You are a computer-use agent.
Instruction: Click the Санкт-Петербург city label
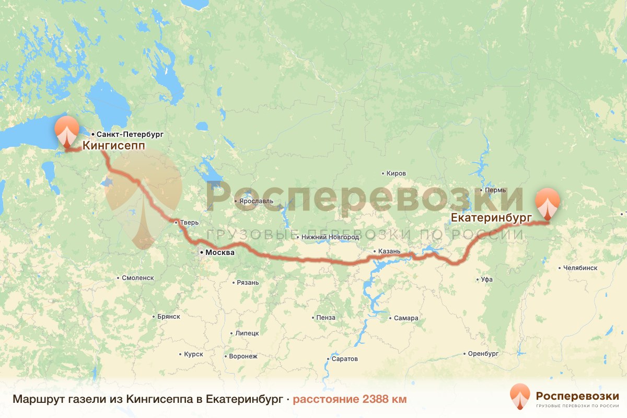coord(123,134)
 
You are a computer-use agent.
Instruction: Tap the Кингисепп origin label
coord(113,146)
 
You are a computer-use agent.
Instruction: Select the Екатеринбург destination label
coord(488,216)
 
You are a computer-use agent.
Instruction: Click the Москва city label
coord(219,253)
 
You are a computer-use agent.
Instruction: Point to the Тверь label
coord(190,223)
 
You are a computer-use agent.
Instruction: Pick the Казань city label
coord(389,251)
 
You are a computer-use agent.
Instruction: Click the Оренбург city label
coord(483,354)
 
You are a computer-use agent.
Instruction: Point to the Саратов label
coord(344,359)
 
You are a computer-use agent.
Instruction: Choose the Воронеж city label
coord(243,357)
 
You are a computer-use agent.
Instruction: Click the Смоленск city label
coord(137,278)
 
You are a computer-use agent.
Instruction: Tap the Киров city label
coord(396,173)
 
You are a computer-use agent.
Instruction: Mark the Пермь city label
coord(495,191)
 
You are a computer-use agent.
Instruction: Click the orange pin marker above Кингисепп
coord(67,131)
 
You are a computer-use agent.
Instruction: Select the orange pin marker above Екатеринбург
coord(547,203)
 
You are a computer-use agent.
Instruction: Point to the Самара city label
coord(406,318)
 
